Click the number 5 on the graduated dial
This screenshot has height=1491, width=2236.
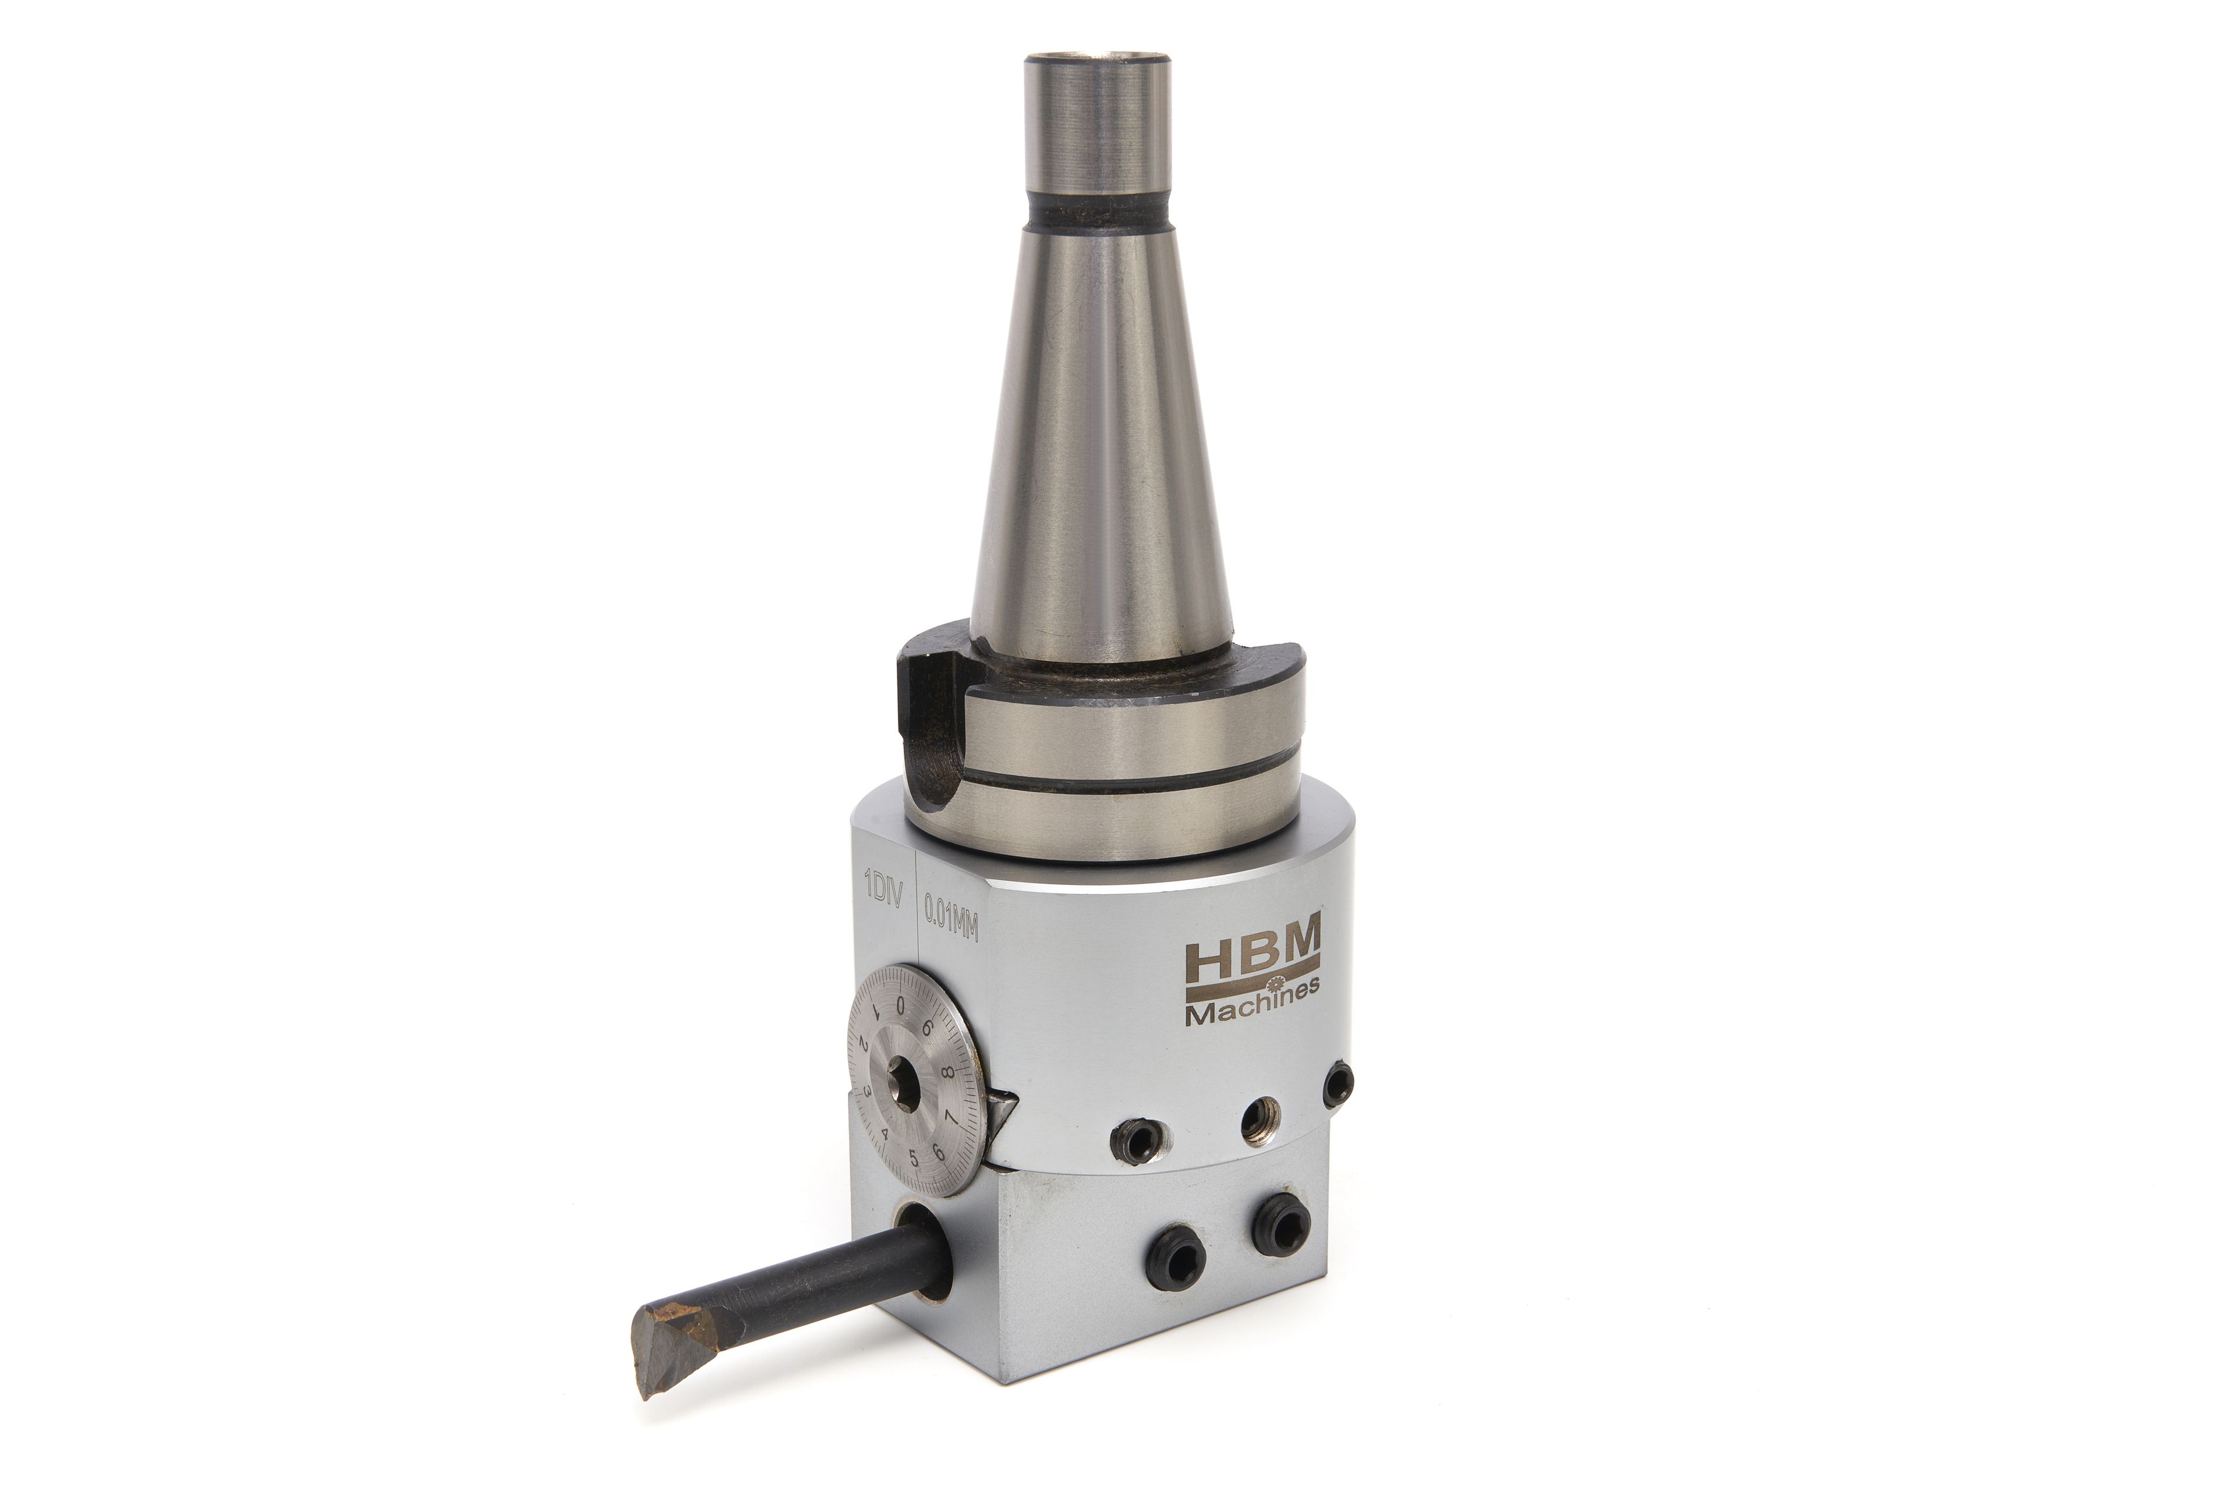pos(914,1158)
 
